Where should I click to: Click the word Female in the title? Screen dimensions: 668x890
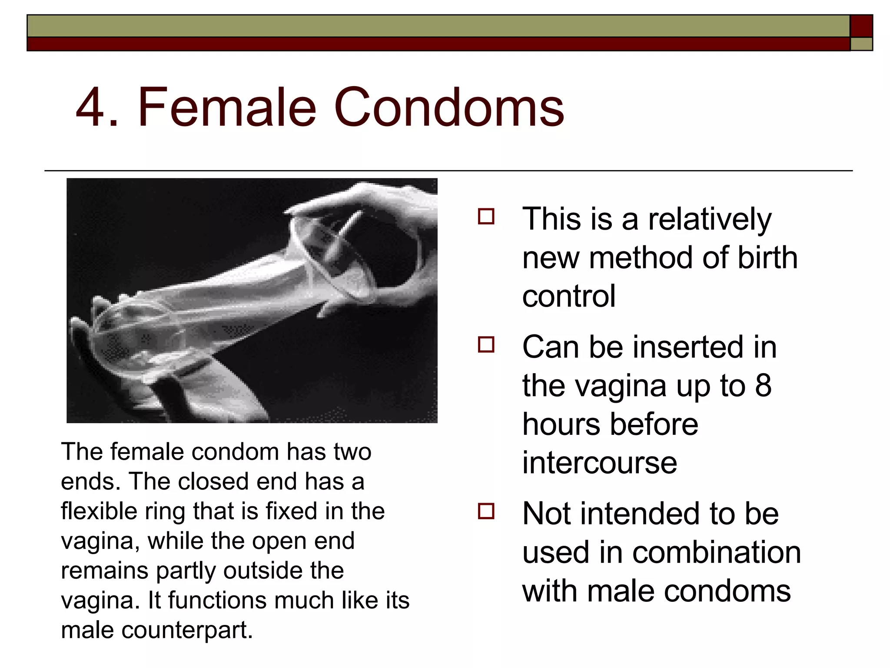click(x=226, y=108)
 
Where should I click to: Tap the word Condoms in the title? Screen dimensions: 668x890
click(x=448, y=108)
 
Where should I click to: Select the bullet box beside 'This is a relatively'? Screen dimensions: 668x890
click(x=486, y=216)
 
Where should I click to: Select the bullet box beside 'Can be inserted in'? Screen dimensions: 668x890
click(x=486, y=344)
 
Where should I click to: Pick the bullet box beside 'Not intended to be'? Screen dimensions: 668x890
click(x=486, y=511)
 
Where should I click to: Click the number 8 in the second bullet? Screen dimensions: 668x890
click(x=763, y=385)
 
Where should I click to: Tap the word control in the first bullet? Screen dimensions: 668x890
click(x=568, y=296)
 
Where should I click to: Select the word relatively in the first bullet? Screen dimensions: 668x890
click(x=710, y=220)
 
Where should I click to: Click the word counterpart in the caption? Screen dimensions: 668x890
click(x=186, y=630)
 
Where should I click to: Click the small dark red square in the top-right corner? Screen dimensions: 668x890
click(x=861, y=26)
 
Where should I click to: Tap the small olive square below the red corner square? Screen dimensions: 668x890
click(x=861, y=44)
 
